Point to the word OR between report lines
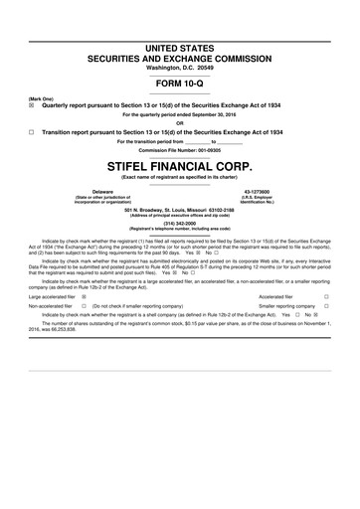[x=179, y=123]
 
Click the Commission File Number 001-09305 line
[x=179, y=149]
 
